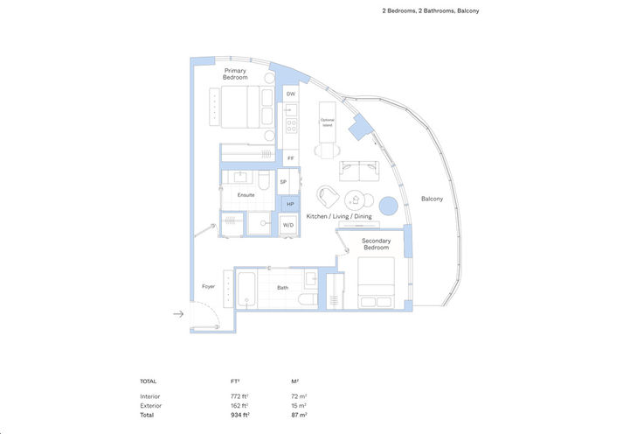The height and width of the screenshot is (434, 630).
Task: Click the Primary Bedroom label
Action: coord(235,74)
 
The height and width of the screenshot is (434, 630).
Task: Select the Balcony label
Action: coord(433,199)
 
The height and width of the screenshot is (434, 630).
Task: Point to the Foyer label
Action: coord(208,286)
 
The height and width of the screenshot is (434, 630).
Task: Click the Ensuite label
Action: coord(246,195)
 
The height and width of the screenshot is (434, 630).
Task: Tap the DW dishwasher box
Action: coord(290,94)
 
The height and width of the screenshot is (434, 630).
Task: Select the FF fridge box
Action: coord(290,158)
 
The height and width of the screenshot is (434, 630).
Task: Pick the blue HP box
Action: coord(289,204)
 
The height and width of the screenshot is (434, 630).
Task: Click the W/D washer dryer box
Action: coord(287,225)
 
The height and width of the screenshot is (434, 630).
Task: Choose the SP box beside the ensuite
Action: coord(283,181)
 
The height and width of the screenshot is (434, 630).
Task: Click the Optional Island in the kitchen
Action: coord(328,122)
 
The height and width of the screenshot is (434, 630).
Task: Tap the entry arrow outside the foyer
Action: coord(178,313)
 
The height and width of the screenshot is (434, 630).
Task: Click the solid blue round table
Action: coord(389,206)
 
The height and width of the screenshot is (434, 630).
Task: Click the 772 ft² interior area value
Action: coord(239,396)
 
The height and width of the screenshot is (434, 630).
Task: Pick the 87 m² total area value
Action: coord(298,415)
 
